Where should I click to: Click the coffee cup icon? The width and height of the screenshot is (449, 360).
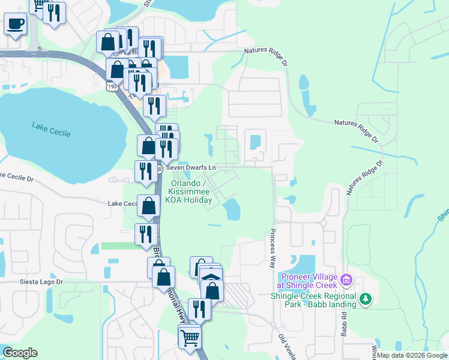16,25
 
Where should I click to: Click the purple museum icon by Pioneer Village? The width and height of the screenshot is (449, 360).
346,280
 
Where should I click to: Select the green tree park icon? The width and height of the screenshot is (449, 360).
364,298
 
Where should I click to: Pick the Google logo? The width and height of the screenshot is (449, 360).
20,353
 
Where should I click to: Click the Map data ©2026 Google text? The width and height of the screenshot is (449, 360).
412,355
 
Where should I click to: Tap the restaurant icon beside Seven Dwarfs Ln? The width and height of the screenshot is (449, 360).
146,171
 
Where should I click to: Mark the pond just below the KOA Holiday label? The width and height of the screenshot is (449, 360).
231,209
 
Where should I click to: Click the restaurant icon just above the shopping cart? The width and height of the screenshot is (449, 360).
199,309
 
